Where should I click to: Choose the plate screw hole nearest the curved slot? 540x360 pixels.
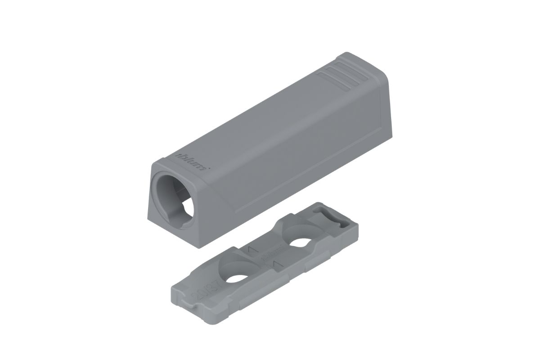tap(298, 243)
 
